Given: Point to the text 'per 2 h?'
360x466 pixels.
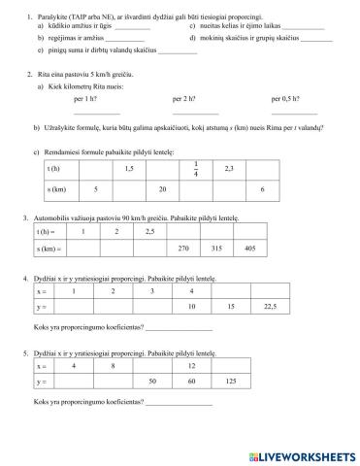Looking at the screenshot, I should tap(183, 99).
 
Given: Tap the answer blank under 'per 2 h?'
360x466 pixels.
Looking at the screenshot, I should tap(188, 114).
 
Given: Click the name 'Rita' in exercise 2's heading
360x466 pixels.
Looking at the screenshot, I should tap(41, 74).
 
